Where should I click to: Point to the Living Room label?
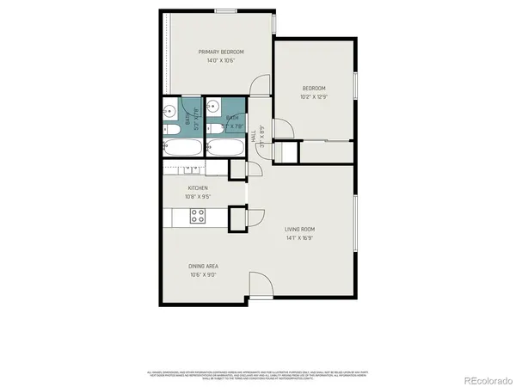click(300, 228)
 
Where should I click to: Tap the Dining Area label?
click(202, 267)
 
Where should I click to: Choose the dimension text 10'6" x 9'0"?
click(202, 275)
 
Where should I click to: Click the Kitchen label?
click(198, 188)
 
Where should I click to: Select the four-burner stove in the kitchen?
click(198, 216)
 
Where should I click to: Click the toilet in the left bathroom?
click(169, 129)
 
